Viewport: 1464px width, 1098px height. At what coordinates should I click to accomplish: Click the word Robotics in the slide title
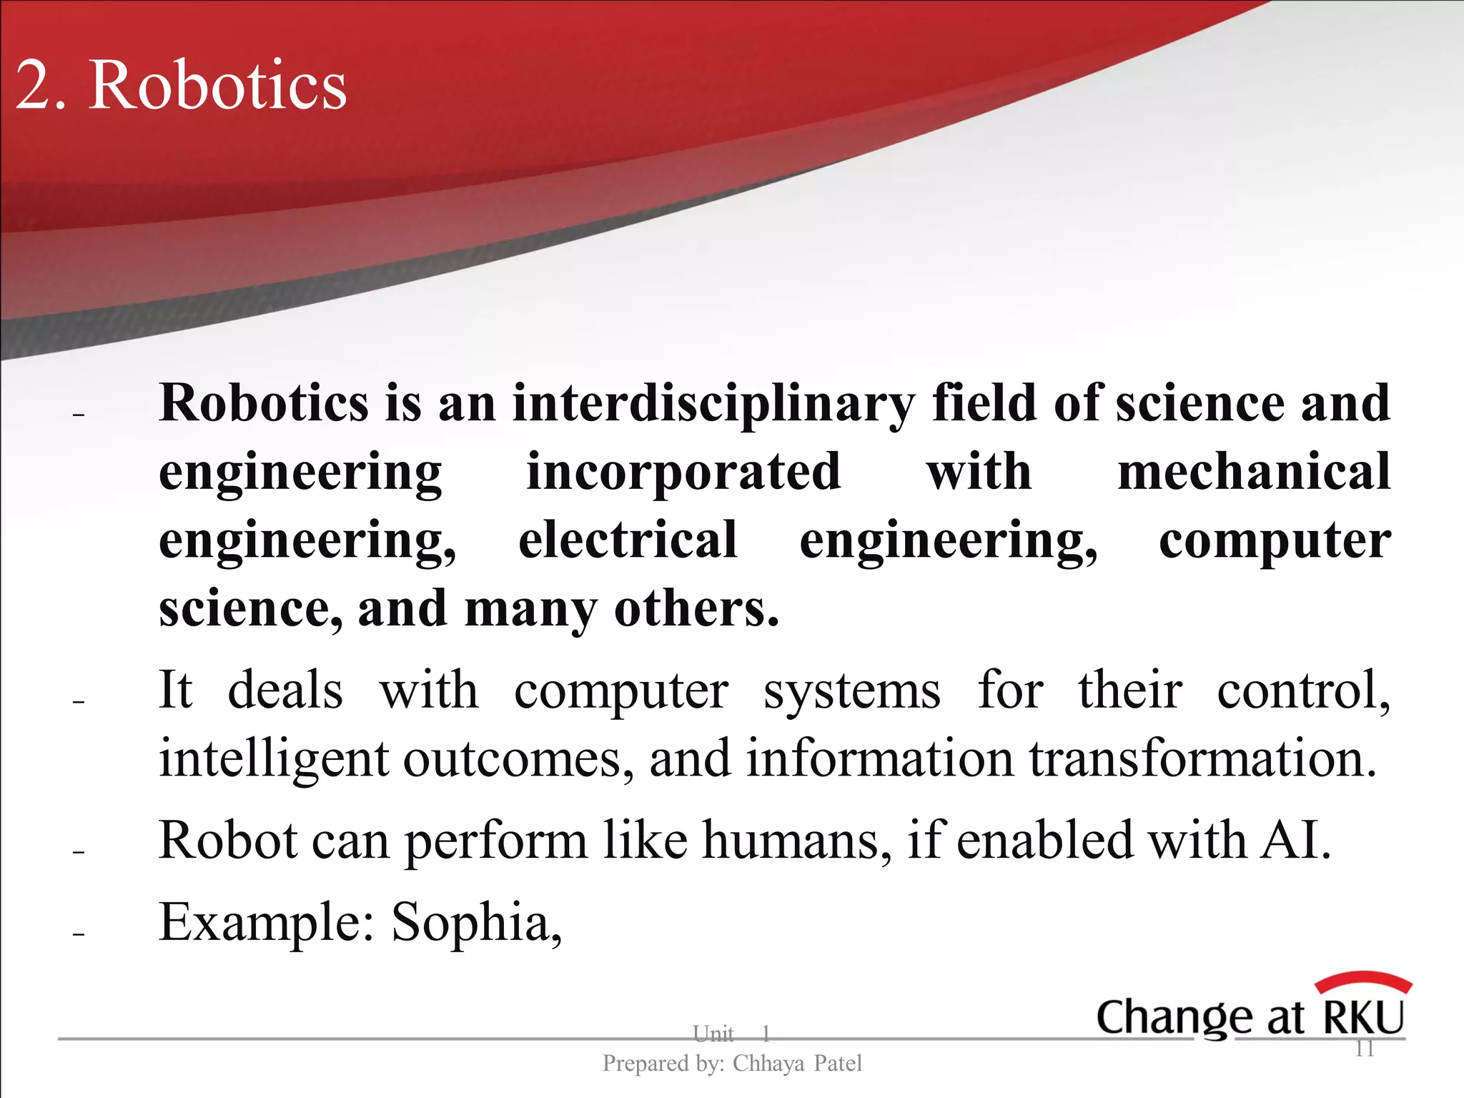point(217,86)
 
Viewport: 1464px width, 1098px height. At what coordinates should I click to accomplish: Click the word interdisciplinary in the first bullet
point(713,404)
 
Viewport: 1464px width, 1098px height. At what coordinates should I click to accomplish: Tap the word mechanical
point(1254,472)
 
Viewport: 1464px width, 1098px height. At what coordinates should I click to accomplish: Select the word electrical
point(628,540)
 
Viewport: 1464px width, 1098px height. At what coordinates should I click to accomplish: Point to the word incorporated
point(683,472)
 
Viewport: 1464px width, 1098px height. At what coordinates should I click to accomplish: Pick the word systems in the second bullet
point(852,691)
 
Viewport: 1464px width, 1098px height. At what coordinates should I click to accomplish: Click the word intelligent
point(274,759)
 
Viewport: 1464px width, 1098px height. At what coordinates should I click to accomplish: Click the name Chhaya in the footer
point(768,1064)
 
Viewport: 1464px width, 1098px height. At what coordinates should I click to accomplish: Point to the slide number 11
point(1365,1049)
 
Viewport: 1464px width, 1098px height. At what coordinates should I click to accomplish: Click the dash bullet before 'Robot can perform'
point(79,852)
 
